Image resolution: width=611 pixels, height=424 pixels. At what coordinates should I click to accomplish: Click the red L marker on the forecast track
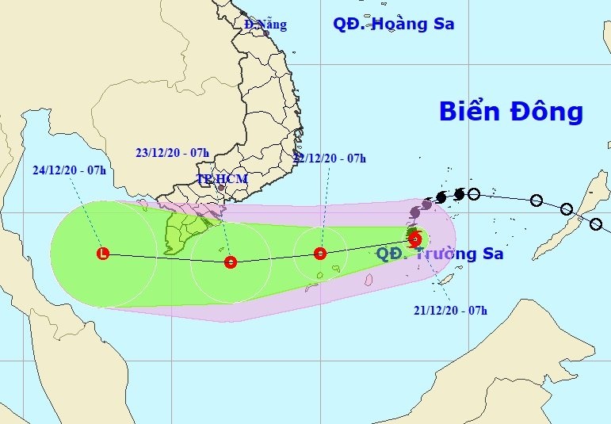(102, 254)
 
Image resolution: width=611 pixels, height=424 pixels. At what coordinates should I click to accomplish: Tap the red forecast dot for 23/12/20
(230, 262)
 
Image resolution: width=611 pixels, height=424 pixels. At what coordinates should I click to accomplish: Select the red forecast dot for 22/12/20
(319, 254)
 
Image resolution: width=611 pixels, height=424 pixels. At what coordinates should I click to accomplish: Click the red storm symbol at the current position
(414, 238)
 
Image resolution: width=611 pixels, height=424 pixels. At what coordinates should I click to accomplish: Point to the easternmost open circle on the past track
(596, 224)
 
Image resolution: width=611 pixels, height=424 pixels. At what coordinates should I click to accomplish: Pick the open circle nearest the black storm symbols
(474, 193)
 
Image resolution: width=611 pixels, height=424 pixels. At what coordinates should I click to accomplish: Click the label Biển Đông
(510, 112)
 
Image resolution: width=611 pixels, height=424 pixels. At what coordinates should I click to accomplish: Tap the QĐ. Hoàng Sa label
(393, 24)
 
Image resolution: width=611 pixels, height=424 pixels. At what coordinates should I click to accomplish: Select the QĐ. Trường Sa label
(439, 254)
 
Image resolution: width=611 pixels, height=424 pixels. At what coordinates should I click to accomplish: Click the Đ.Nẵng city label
(265, 24)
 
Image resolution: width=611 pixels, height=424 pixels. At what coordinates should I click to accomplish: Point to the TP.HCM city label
(222, 179)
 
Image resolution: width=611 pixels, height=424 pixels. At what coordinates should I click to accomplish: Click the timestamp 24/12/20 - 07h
(70, 170)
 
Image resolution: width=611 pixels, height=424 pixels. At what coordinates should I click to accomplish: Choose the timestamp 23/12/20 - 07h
(172, 152)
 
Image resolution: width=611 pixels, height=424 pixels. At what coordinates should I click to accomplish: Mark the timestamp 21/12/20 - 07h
(450, 310)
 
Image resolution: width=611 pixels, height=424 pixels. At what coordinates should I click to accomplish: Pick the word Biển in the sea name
(469, 112)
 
